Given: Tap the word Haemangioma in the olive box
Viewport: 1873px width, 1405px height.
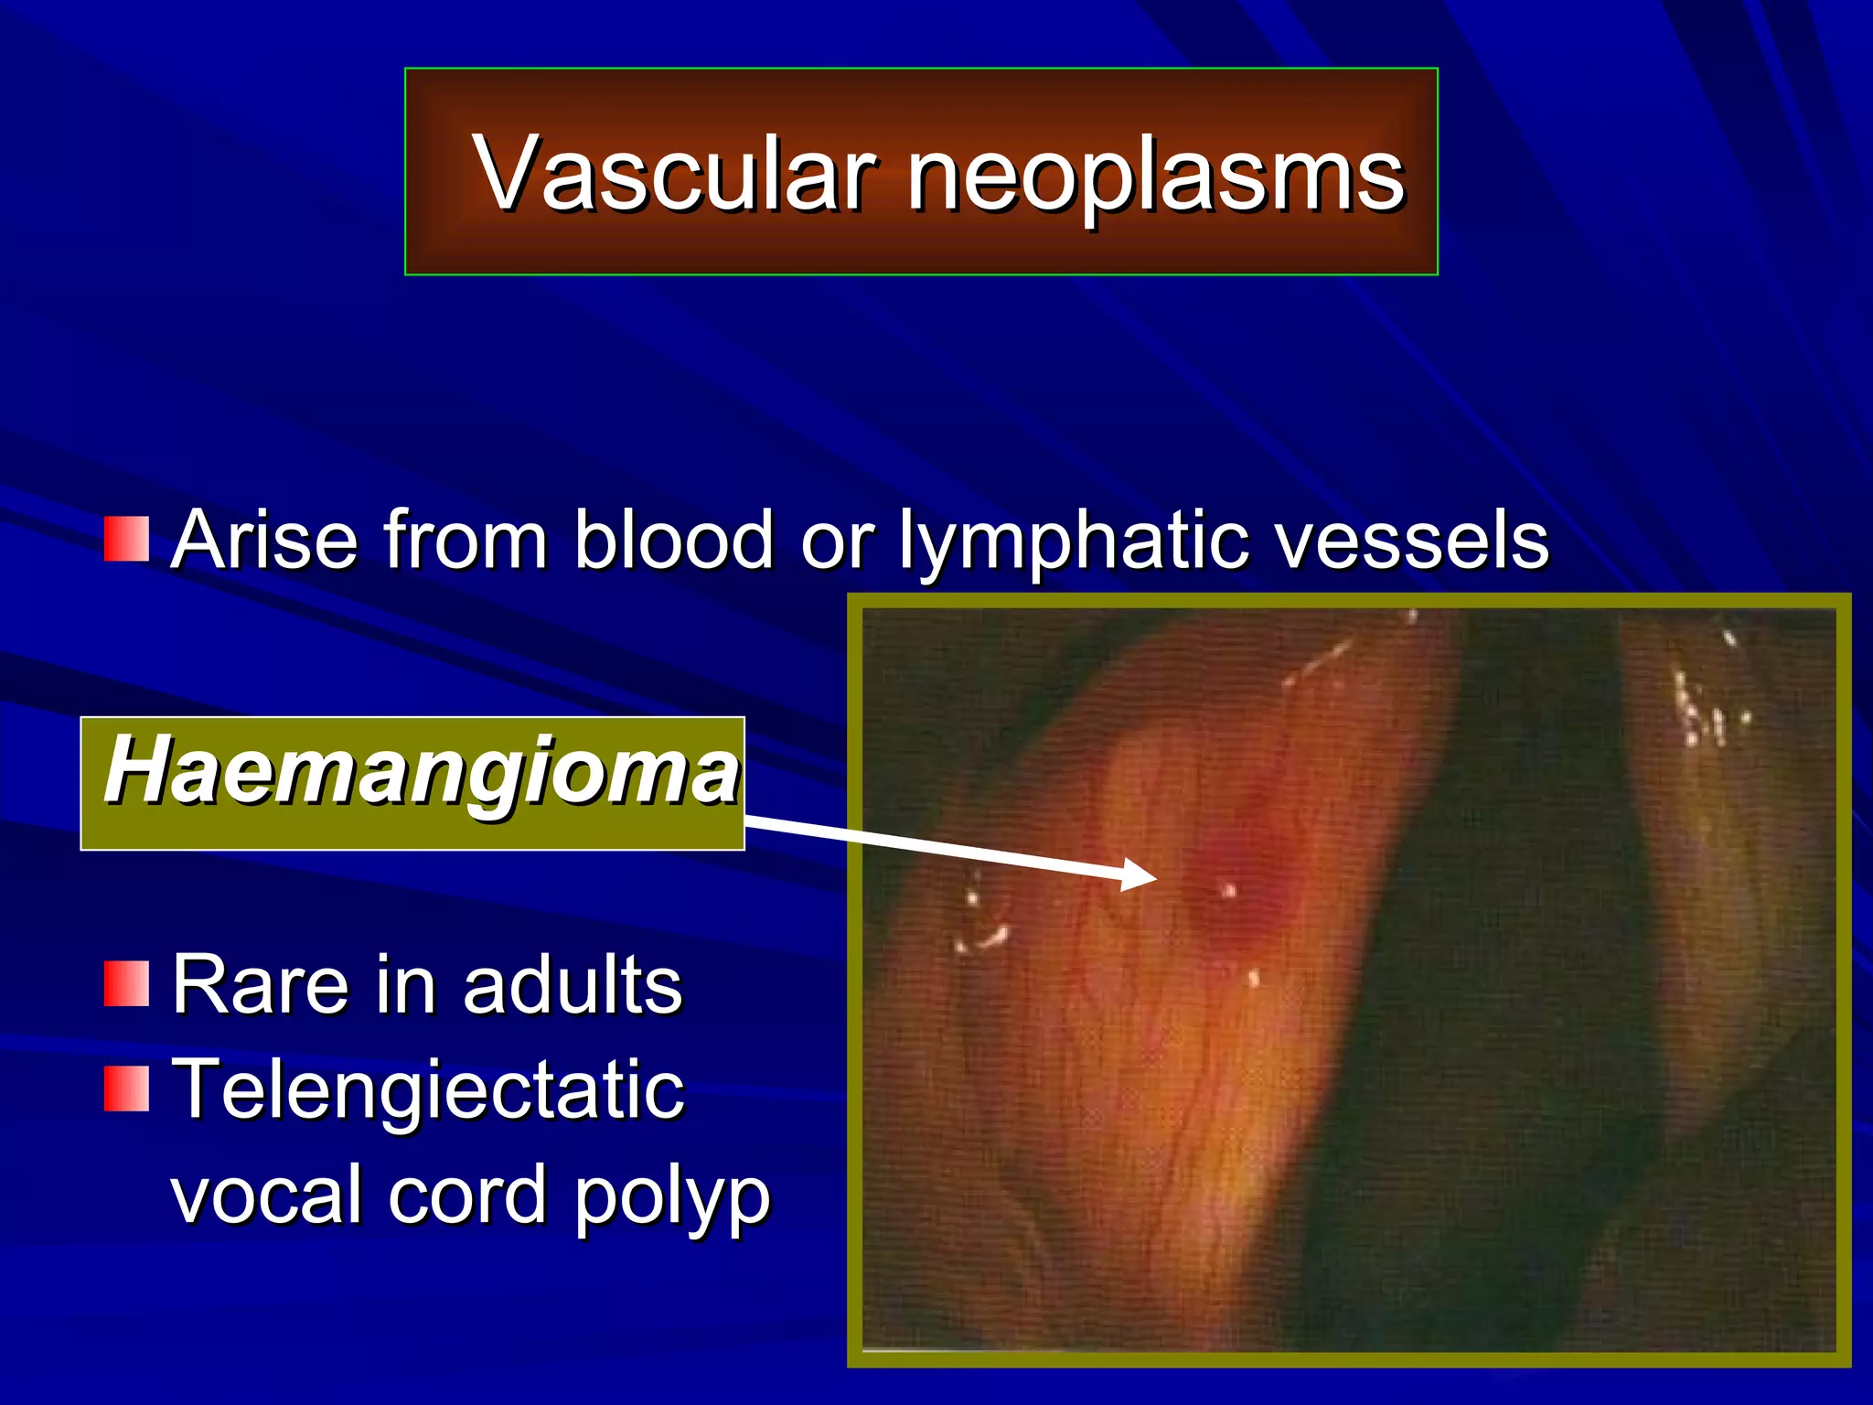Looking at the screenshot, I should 421,771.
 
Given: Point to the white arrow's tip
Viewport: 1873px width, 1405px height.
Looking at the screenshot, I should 1154,877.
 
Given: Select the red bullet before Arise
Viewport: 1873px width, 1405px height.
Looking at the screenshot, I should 126,539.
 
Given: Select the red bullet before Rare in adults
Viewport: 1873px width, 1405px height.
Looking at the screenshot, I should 126,984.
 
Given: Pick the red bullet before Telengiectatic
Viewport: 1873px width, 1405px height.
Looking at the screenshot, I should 126,1089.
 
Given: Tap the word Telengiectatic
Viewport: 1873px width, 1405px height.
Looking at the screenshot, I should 427,1090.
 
